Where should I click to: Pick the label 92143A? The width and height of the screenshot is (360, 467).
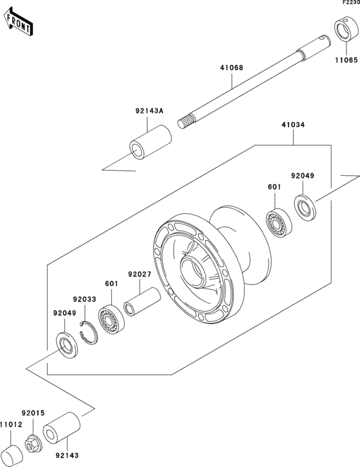tap(149, 110)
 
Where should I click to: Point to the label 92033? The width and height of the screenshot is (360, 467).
tap(84, 299)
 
